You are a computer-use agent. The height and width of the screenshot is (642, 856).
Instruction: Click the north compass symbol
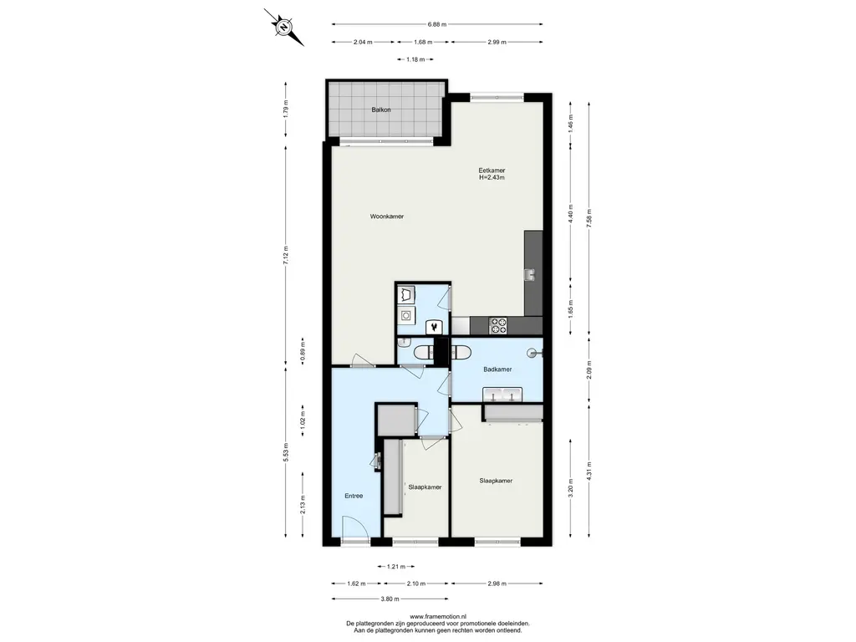coord(284,28)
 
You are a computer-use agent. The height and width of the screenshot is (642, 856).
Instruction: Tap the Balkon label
coord(381,110)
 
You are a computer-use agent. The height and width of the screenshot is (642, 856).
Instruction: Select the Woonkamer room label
coord(387,217)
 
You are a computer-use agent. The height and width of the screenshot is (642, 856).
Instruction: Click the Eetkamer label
coord(492,171)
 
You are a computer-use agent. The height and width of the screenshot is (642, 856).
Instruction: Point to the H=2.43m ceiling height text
coord(492,177)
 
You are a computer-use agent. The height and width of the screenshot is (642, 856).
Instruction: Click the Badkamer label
coord(497,369)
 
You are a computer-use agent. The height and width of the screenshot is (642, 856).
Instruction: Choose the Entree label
coord(354,497)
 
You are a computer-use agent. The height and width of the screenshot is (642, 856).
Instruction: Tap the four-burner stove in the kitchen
coord(498,326)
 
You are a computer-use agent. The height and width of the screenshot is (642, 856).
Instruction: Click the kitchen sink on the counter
coord(529,274)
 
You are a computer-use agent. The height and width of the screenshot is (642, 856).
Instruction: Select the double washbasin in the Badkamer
coord(502,395)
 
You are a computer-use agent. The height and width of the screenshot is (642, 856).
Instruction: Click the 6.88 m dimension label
coord(436,24)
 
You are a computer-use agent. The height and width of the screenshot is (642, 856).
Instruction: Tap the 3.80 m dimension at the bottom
coord(390,599)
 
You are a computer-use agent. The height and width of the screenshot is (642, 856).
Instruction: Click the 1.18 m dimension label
coord(415,59)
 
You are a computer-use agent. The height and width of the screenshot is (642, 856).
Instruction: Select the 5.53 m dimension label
coord(286,452)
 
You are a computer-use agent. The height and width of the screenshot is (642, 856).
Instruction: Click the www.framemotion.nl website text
coord(438,616)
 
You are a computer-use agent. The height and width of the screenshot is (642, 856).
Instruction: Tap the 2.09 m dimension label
coord(588,370)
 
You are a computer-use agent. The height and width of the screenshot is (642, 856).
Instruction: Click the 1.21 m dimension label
coord(395,567)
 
